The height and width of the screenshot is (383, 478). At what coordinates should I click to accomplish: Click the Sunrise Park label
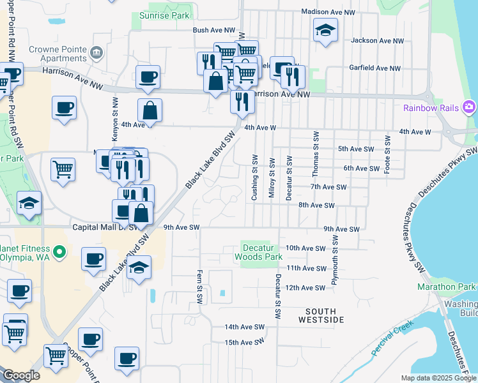[x=164, y=15]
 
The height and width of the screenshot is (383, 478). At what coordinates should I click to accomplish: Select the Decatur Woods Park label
[x=261, y=252]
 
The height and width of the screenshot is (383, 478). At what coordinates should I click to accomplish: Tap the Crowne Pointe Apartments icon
[x=96, y=52]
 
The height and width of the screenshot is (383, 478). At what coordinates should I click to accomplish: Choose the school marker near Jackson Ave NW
[x=325, y=30]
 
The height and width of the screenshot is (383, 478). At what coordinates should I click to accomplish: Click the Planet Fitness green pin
[x=59, y=252]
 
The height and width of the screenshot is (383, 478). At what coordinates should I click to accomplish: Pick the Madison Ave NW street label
[x=328, y=11]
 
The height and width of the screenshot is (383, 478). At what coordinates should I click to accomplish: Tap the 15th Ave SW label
[x=244, y=342]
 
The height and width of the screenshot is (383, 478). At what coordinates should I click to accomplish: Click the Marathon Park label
[x=447, y=287]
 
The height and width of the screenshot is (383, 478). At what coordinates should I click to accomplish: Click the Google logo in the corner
[x=21, y=375]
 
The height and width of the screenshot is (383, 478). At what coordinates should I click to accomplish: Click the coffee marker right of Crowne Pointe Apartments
[x=148, y=77]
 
